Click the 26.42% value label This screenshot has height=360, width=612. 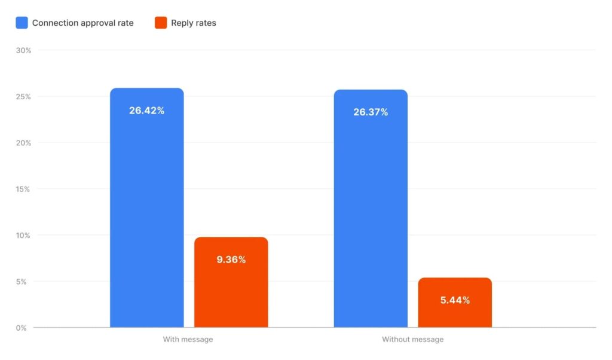(146, 111)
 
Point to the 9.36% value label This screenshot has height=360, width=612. (231, 260)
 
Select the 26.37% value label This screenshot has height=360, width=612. (371, 112)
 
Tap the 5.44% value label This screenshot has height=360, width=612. (455, 300)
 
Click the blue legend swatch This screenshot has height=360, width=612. (22, 23)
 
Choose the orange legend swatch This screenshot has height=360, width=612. (161, 23)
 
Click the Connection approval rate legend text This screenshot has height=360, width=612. (82, 23)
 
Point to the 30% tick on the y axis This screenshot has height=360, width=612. (24, 50)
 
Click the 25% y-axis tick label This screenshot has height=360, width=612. (24, 97)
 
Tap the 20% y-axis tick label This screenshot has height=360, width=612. (24, 143)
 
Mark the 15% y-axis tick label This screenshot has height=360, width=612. (24, 189)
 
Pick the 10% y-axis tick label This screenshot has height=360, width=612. (24, 235)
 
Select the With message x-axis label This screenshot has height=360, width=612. (188, 340)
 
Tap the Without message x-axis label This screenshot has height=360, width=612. (412, 340)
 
